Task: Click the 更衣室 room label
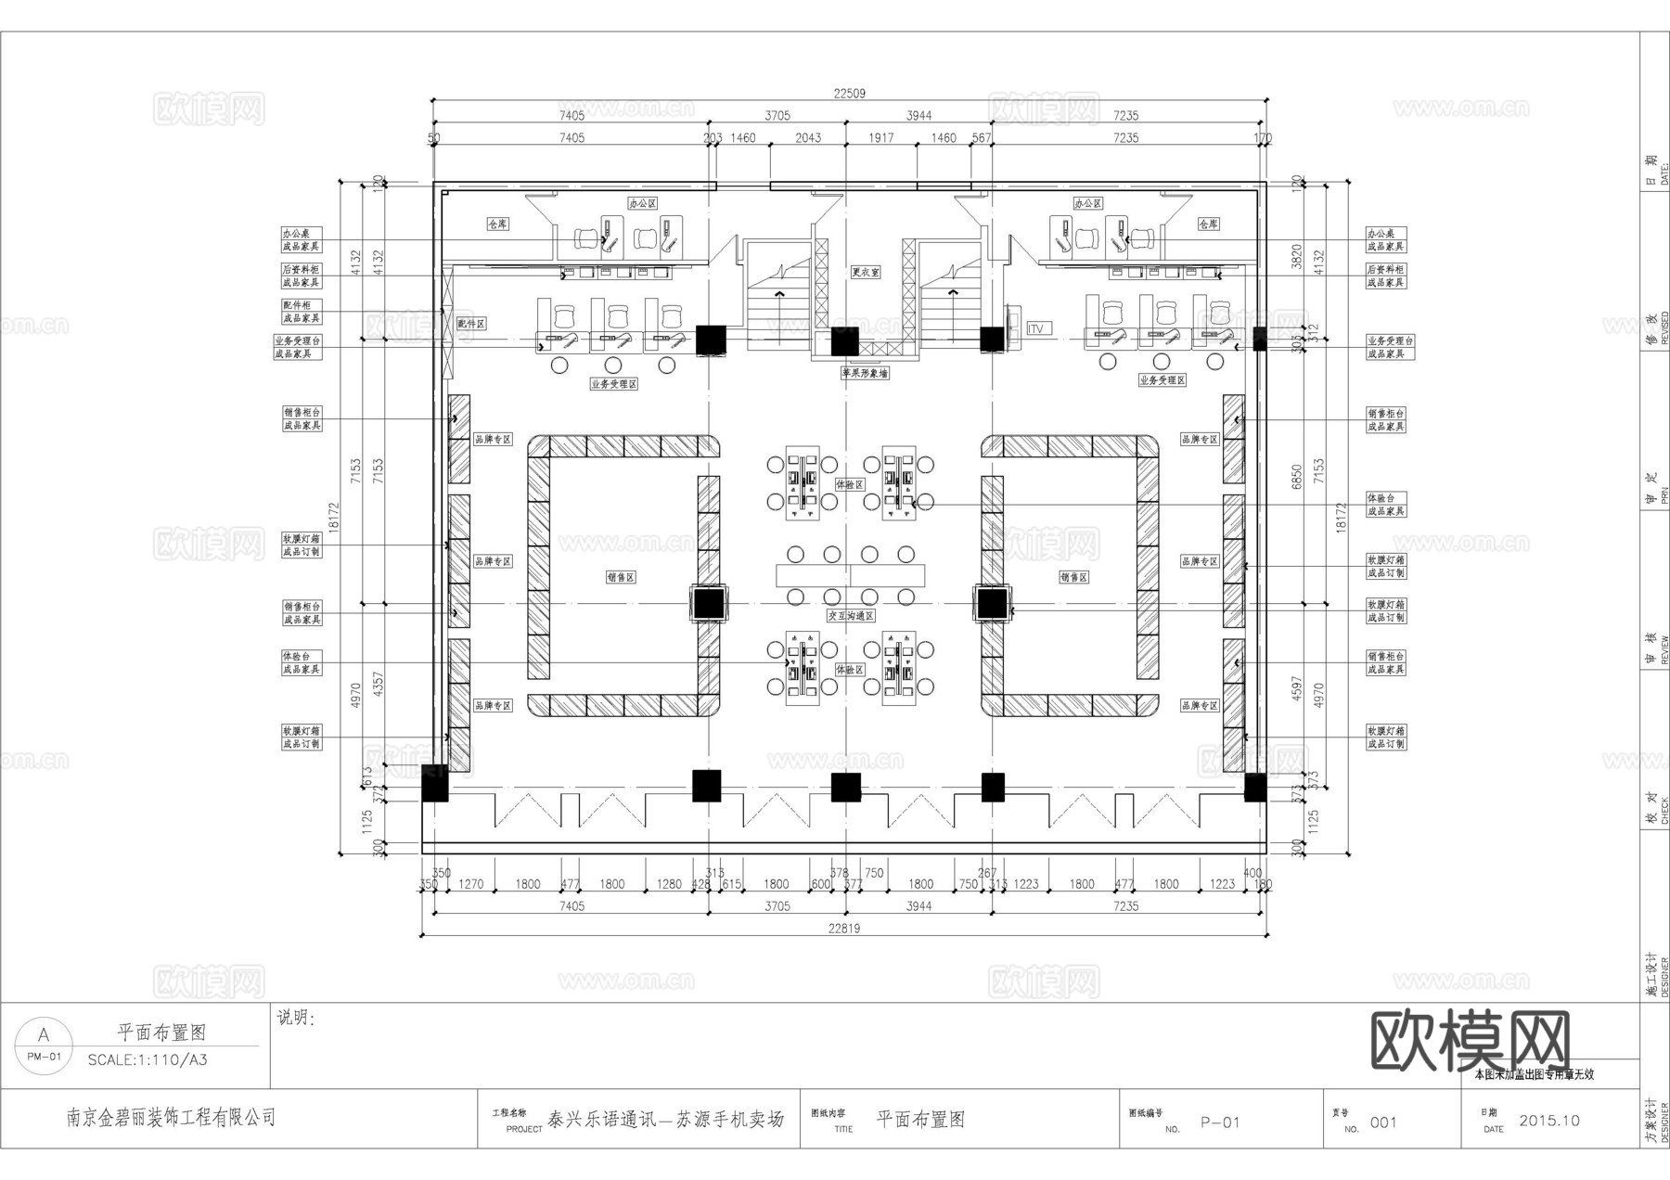(x=865, y=273)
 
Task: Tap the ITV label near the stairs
(x=1038, y=328)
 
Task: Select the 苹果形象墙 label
(x=865, y=373)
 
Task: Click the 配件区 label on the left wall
(x=471, y=324)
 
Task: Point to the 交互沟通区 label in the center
(x=851, y=616)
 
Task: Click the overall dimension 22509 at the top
(x=849, y=93)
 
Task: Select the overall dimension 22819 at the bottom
(x=843, y=928)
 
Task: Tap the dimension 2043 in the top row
(x=808, y=137)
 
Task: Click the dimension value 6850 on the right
(x=1297, y=476)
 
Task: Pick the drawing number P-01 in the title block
(x=1220, y=1122)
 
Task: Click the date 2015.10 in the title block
(x=1548, y=1121)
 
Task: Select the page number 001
(x=1382, y=1122)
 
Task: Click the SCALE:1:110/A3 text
(x=148, y=1059)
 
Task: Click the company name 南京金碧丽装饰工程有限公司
(x=171, y=1117)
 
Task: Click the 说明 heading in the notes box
(x=296, y=1019)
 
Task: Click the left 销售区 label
(x=621, y=577)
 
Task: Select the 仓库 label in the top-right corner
(x=1208, y=224)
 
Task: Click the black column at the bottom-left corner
(x=434, y=784)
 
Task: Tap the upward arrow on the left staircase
(x=780, y=295)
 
